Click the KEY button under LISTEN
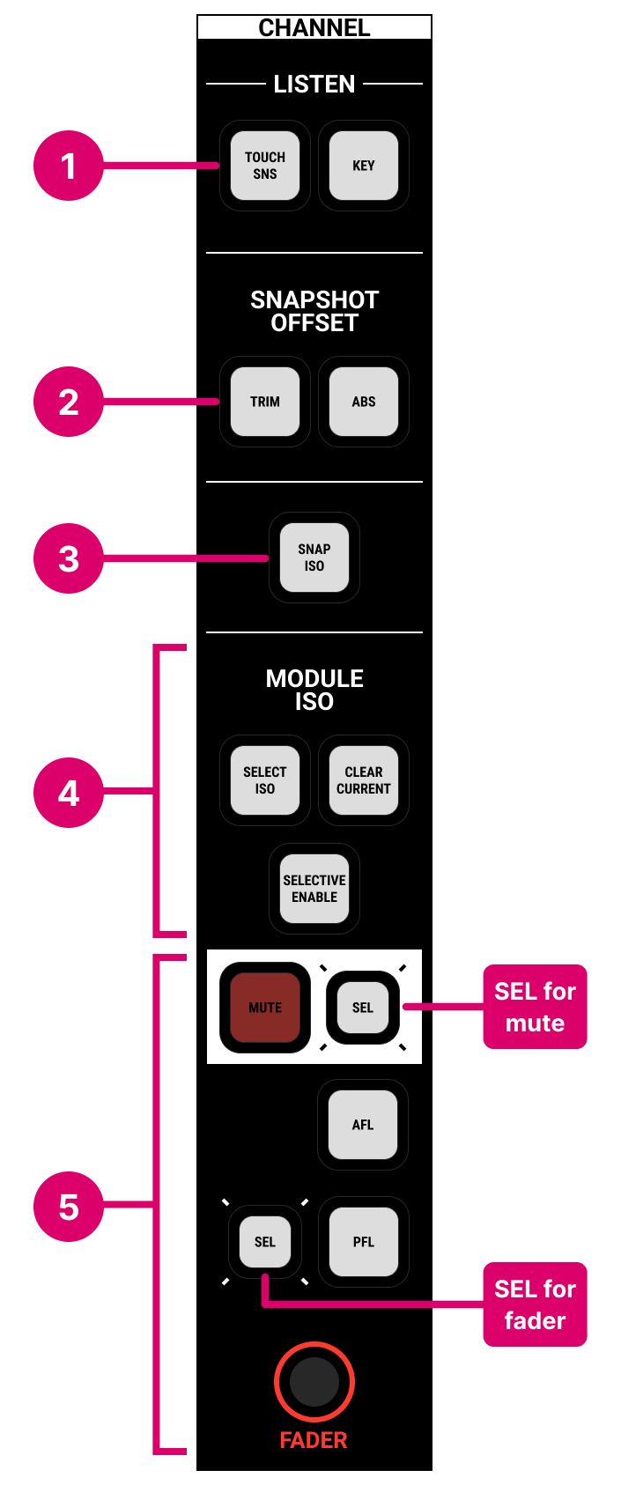[363, 166]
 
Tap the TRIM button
[265, 402]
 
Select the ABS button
[363, 402]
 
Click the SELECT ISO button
[265, 780]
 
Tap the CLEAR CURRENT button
[363, 780]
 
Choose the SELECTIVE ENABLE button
[314, 889]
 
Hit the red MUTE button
[265, 1008]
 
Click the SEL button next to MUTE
[363, 1008]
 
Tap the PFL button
[363, 1242]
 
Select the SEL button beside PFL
[265, 1242]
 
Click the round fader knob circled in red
[314, 1382]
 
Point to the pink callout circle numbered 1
[69, 166]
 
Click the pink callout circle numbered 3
[69, 558]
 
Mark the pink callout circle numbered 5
[69, 1207]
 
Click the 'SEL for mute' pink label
[535, 1007]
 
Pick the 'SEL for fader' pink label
[535, 1304]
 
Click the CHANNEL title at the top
[314, 27]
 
